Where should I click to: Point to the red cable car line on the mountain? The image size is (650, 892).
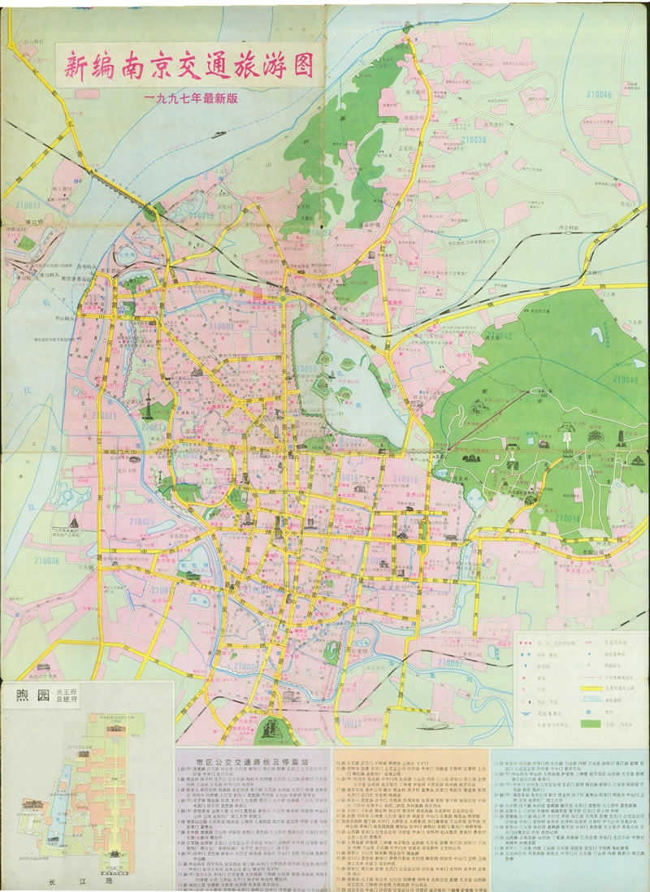click(x=471, y=439)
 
